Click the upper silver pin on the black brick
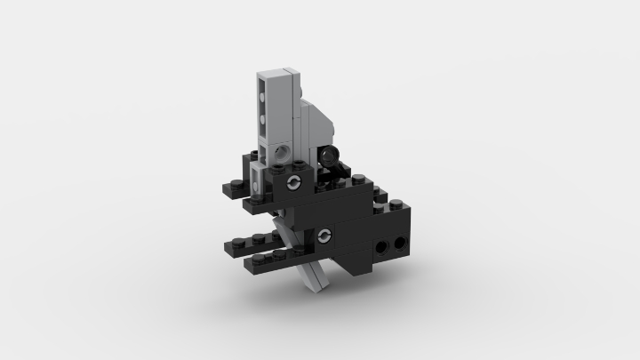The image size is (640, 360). (x=293, y=183)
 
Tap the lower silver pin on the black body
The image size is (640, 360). (x=324, y=236)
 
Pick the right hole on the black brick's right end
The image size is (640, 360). (x=399, y=242)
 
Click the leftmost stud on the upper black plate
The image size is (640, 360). (x=228, y=184)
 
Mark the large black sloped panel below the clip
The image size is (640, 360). (x=342, y=196)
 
